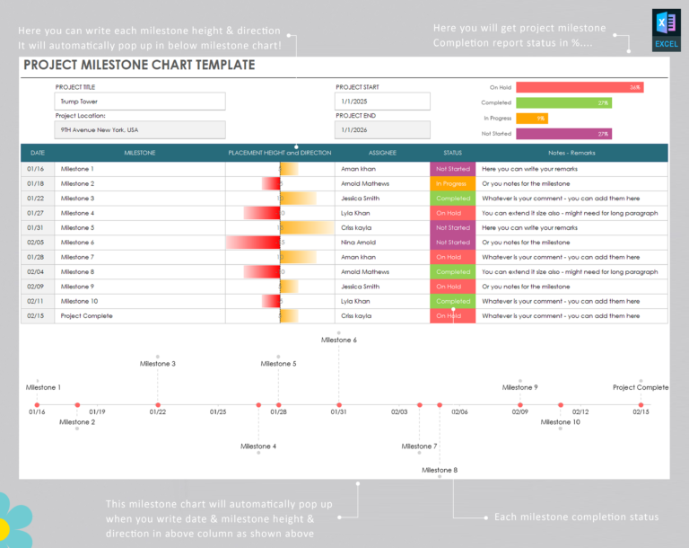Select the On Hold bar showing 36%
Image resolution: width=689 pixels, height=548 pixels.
[580, 87]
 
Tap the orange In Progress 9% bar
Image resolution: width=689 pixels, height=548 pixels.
[532, 118]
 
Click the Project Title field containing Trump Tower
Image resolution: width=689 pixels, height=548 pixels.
[139, 102]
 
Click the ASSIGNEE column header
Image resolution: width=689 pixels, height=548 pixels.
[381, 153]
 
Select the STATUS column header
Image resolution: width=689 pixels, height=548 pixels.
[452, 153]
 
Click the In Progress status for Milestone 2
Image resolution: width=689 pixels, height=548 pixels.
[452, 183]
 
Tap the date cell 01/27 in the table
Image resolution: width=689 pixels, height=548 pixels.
[36, 213]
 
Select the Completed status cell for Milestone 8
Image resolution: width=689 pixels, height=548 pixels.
[452, 271]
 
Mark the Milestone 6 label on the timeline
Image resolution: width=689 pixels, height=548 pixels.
[338, 340]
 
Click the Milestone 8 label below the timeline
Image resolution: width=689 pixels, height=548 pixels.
[439, 470]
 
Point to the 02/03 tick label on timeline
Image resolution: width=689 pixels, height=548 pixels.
[399, 411]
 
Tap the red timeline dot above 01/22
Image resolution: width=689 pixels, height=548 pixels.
[158, 405]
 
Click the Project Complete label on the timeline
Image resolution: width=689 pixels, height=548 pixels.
[640, 387]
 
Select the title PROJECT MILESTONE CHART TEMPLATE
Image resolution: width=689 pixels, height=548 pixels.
[139, 66]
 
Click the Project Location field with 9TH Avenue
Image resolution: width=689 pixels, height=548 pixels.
[139, 129]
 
